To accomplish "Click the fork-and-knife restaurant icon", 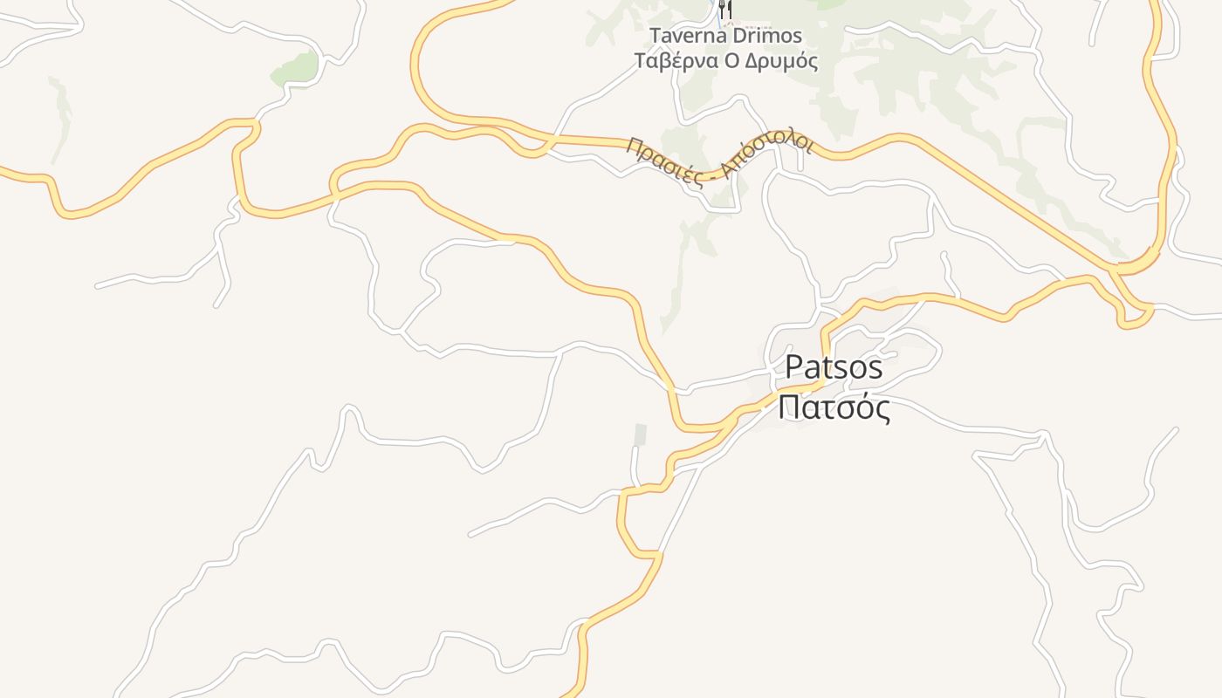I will click(724, 11).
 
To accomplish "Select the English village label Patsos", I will click(834, 367).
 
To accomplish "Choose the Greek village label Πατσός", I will click(834, 407).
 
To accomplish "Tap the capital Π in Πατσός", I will click(790, 407).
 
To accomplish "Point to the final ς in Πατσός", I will click(882, 409).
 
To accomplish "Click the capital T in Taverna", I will click(656, 36).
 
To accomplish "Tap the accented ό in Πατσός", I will click(862, 407).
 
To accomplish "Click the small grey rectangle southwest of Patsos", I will click(641, 434).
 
